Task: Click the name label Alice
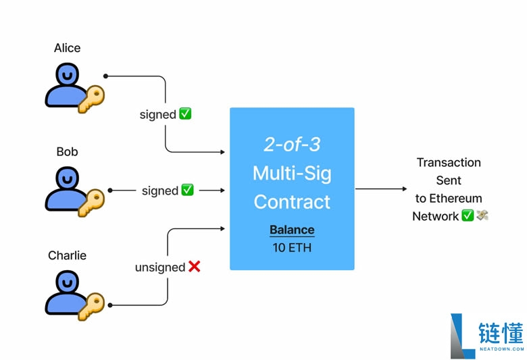coord(67,48)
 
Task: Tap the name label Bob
coord(67,152)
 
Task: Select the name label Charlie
coord(67,255)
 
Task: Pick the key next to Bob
coord(91,201)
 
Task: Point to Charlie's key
coord(91,305)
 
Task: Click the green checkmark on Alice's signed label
coord(185,114)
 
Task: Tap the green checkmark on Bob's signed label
coord(187,190)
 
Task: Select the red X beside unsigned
coord(195,267)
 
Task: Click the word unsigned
coord(159,267)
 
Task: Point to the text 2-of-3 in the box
coord(292,145)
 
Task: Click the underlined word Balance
coord(292,230)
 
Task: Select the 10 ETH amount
coord(292,247)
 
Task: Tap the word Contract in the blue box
coord(292,201)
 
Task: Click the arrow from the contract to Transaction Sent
coord(381,189)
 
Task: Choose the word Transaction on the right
coord(449,163)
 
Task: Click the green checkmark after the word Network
coord(467,216)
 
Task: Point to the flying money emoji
coord(482,216)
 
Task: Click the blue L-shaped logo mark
coord(462,336)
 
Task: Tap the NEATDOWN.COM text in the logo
coord(501,349)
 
